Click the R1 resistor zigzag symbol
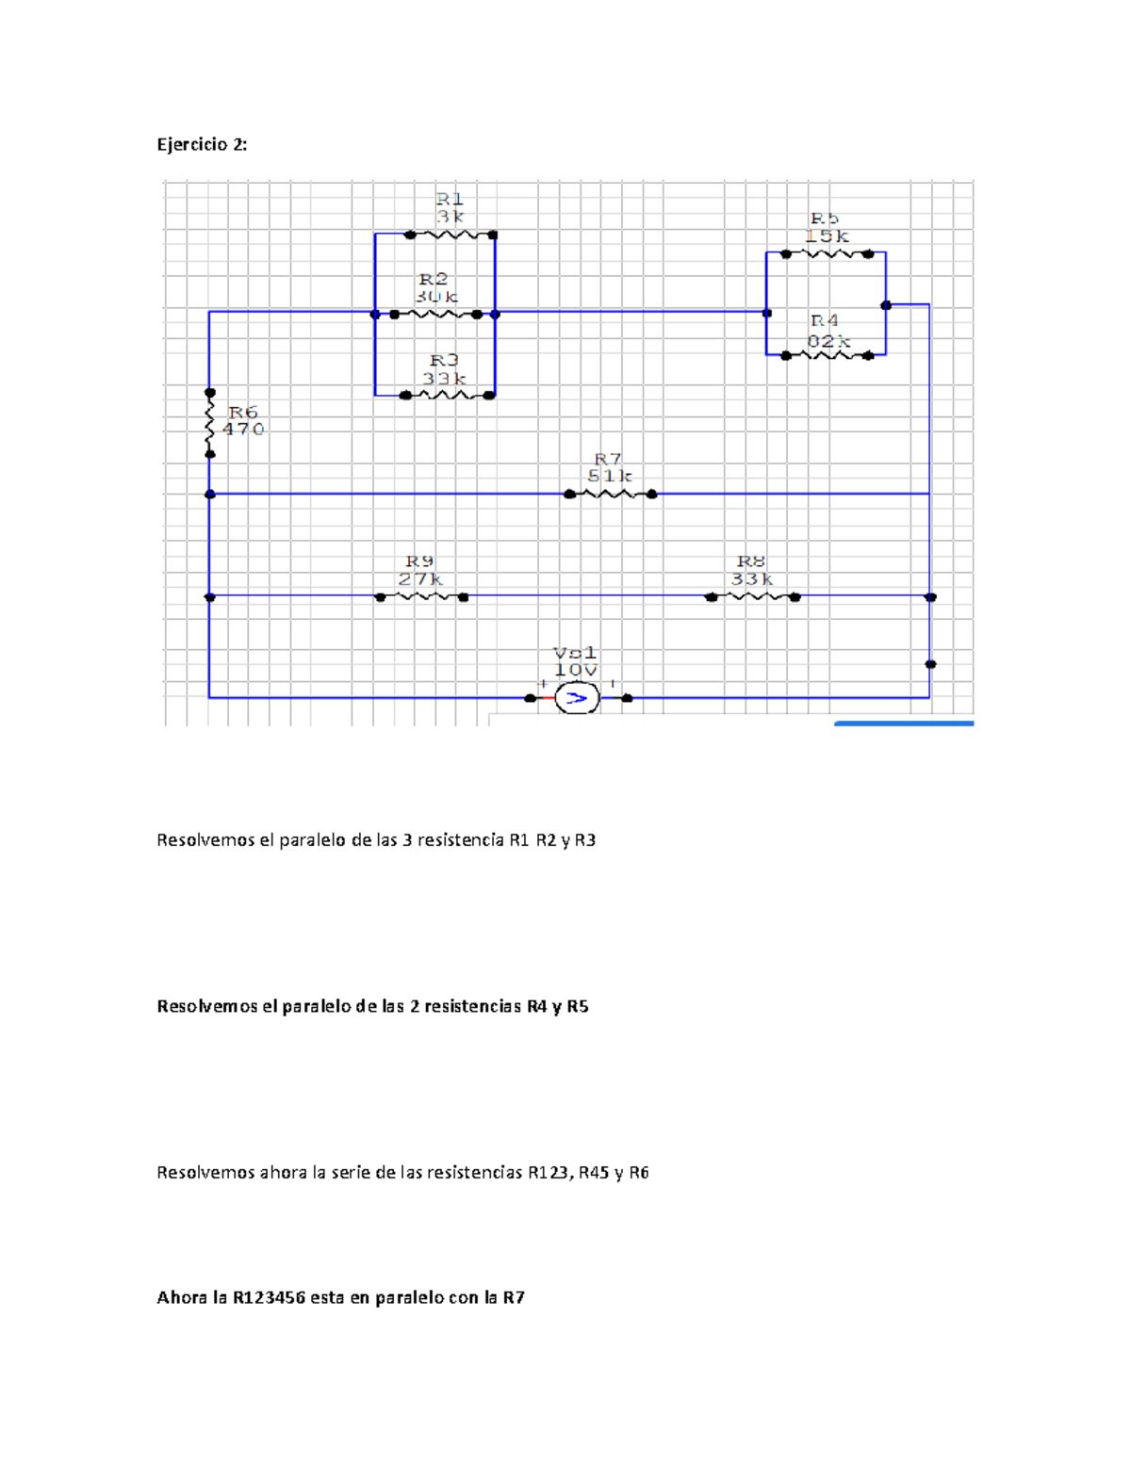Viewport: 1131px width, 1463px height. tap(451, 235)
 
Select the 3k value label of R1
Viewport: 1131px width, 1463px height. tap(450, 217)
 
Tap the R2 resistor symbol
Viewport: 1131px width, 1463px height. tap(435, 315)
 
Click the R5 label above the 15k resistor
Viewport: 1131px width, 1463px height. tap(825, 219)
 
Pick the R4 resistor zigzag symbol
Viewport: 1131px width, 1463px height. tap(828, 355)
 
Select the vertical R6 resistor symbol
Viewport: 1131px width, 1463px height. tap(210, 423)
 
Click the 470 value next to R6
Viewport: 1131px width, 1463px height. tap(243, 430)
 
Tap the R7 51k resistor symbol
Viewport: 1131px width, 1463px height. tap(611, 494)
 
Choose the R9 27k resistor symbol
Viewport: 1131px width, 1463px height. tap(421, 596)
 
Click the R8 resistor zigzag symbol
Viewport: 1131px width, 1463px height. tap(753, 596)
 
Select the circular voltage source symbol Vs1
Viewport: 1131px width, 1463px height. tap(576, 698)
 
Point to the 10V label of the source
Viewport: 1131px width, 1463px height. tap(575, 671)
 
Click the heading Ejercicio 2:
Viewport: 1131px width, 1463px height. tap(202, 144)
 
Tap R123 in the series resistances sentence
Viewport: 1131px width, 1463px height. tap(548, 1173)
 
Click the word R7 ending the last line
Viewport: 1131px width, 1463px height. tap(514, 1298)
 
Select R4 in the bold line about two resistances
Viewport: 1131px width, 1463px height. tap(536, 1006)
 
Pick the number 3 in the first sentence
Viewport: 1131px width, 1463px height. tap(407, 840)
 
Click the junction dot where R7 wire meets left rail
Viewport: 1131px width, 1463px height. tap(210, 494)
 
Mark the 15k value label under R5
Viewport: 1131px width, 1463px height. tap(827, 236)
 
